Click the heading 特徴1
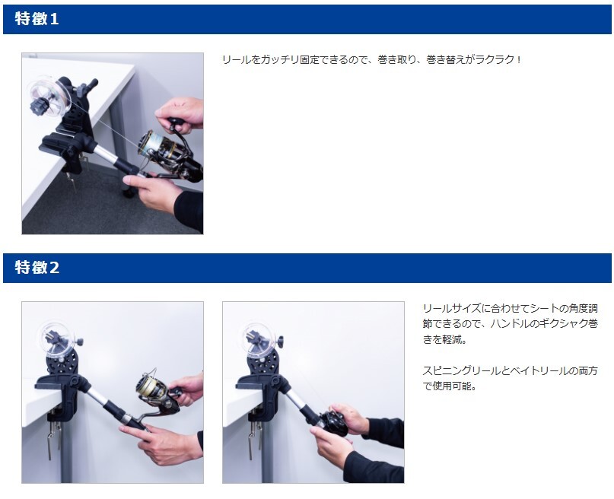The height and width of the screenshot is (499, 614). pos(37,19)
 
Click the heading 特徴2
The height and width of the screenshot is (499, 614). pos(37,268)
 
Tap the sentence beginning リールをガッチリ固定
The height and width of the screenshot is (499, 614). pos(371,60)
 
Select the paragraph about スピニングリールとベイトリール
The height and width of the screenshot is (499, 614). pos(511,378)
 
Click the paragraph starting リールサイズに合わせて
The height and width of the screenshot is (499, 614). pos(511,323)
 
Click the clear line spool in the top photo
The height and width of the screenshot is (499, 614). pos(50,96)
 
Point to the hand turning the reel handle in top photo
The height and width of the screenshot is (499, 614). pos(180,115)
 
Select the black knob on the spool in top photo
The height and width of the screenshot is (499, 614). pos(40,106)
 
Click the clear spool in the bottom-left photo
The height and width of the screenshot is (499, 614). pos(56,338)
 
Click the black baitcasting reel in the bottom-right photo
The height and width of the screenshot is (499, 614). pos(333,423)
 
